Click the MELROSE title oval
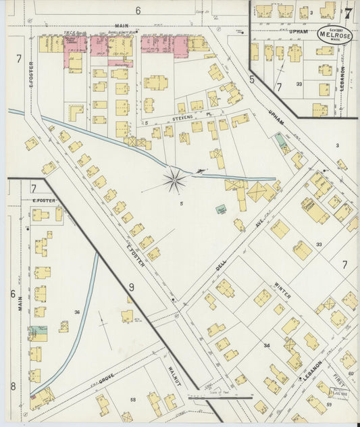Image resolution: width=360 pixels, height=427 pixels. coord(335,34)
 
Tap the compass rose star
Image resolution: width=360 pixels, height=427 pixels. coord(175,179)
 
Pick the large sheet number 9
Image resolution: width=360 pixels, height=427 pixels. coord(132,287)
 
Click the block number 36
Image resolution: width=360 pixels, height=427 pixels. coord(78,312)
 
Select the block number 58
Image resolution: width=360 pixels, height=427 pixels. coord(133,400)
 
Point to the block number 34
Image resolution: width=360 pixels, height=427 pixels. coord(267,345)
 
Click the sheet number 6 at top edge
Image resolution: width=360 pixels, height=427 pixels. coord(138,10)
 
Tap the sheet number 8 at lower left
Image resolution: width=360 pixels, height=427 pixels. coord(12,386)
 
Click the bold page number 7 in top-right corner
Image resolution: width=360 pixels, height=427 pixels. coord(347,13)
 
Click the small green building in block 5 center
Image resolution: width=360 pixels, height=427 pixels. coord(220,210)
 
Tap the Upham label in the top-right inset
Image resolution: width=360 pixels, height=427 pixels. coord(299,30)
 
